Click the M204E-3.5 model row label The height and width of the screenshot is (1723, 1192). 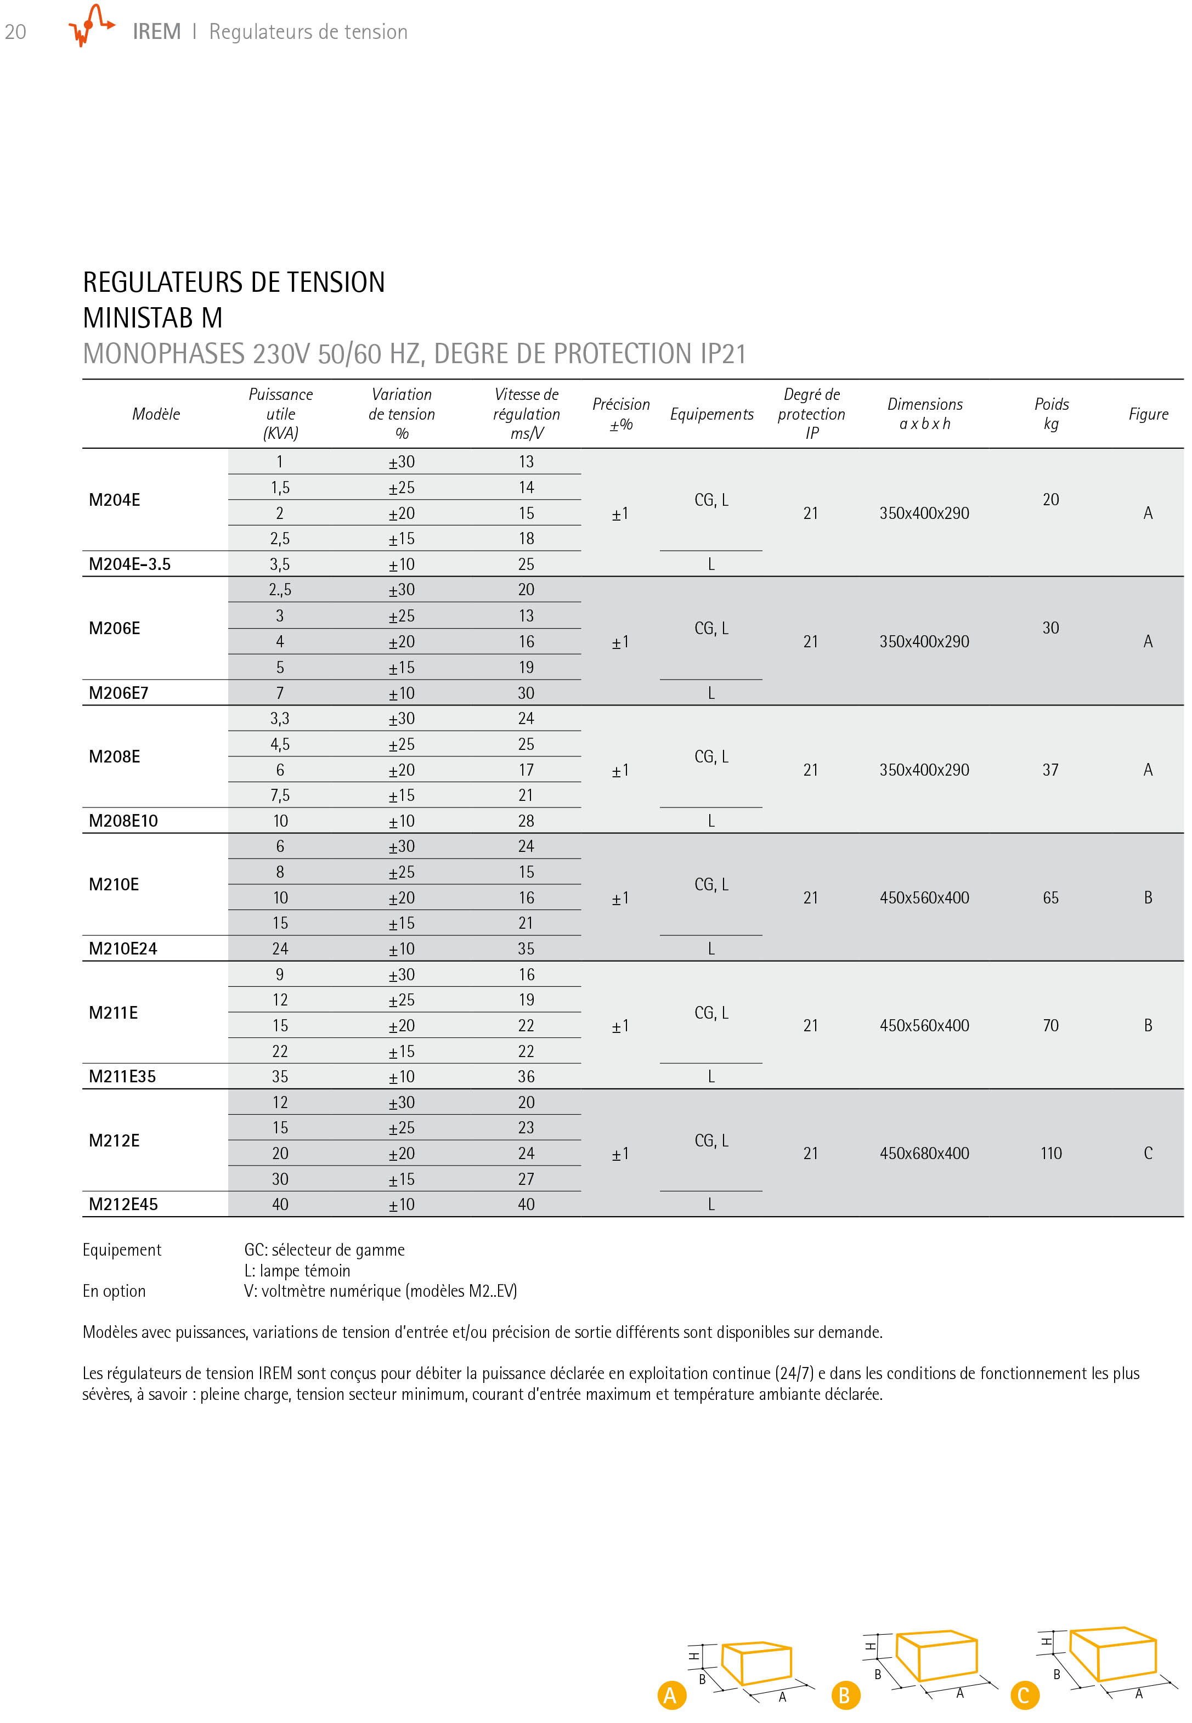coord(129,564)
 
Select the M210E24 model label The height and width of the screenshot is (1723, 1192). coord(123,948)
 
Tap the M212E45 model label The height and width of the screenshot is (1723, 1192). coord(123,1204)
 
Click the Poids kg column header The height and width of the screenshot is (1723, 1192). coord(1051,414)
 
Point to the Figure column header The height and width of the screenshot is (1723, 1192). coord(1148,414)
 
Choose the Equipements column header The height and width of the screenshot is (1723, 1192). coord(711,414)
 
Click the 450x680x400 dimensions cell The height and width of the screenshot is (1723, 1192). coord(924,1153)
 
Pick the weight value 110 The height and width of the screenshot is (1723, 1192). coord(1051,1153)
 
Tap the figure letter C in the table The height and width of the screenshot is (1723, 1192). coord(1148,1153)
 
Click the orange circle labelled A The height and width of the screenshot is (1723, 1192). coord(671,1696)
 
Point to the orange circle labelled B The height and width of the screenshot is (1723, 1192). coord(845,1696)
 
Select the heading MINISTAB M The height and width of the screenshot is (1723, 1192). coord(152,318)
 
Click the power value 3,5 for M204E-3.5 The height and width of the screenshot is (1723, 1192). coord(280,564)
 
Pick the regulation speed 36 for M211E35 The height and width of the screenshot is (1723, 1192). coord(526,1076)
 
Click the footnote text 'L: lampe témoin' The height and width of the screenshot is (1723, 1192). coord(297,1270)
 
